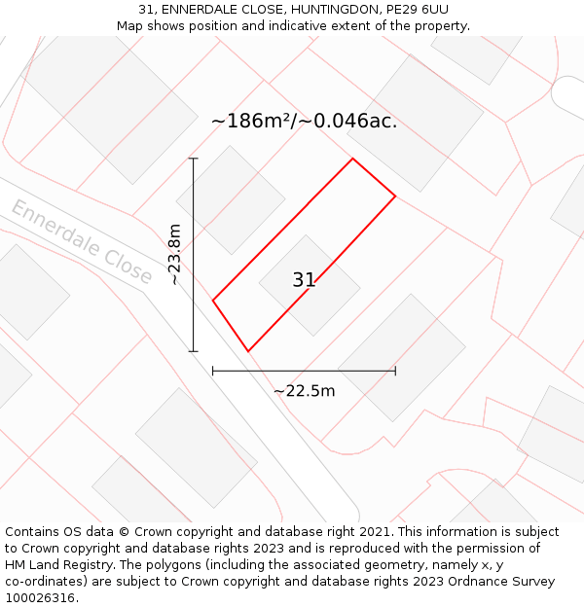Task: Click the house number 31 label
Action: pos(304,280)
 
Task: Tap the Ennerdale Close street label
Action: pos(82,242)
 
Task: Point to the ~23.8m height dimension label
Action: pos(174,255)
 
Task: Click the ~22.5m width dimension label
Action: pos(304,391)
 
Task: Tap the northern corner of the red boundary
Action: pos(352,159)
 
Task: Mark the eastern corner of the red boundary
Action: pos(395,197)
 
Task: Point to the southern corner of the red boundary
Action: pos(248,351)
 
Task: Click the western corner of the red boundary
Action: pos(213,300)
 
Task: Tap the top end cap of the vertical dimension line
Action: pos(194,159)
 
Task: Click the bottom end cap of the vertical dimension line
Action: pos(194,351)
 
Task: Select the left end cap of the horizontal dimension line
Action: pos(213,370)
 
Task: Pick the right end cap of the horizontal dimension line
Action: pos(395,370)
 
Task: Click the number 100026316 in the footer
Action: pos(40,598)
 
